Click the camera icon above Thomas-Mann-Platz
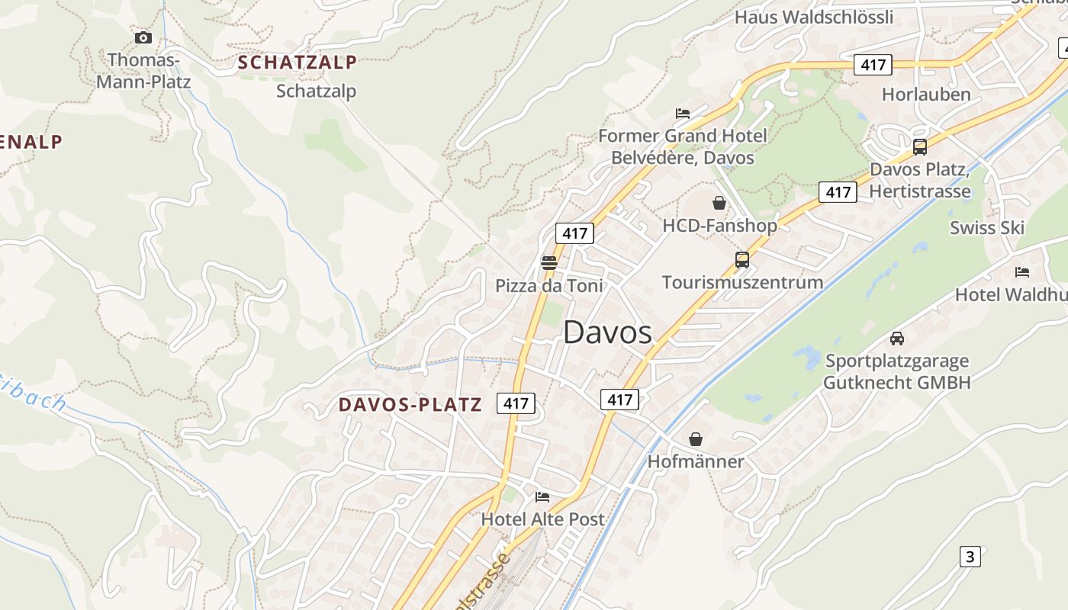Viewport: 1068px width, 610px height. tap(143, 37)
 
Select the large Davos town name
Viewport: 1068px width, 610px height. tap(607, 332)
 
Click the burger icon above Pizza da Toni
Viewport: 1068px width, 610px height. tap(549, 263)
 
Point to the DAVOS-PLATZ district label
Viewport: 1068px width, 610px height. tap(410, 404)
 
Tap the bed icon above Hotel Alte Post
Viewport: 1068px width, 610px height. tap(542, 496)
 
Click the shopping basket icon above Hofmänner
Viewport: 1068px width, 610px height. tap(696, 439)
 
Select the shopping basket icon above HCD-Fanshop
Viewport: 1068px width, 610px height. tap(719, 203)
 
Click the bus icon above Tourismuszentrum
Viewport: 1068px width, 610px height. tap(741, 259)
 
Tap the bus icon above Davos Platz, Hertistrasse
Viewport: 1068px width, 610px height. tap(920, 146)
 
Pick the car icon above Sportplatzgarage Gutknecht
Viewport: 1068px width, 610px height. tap(897, 338)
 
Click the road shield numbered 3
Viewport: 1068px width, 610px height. tap(970, 557)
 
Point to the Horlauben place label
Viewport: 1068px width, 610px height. tap(926, 95)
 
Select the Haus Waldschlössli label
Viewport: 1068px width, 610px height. tap(813, 17)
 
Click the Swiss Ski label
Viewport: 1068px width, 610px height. tap(986, 227)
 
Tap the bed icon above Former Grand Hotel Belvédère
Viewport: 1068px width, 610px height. tap(683, 114)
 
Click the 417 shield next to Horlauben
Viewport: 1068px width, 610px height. tap(873, 65)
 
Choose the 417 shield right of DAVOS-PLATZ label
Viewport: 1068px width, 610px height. tap(516, 403)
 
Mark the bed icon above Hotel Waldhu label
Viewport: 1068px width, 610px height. tap(1022, 271)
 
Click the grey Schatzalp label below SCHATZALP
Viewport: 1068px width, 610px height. tap(316, 91)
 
